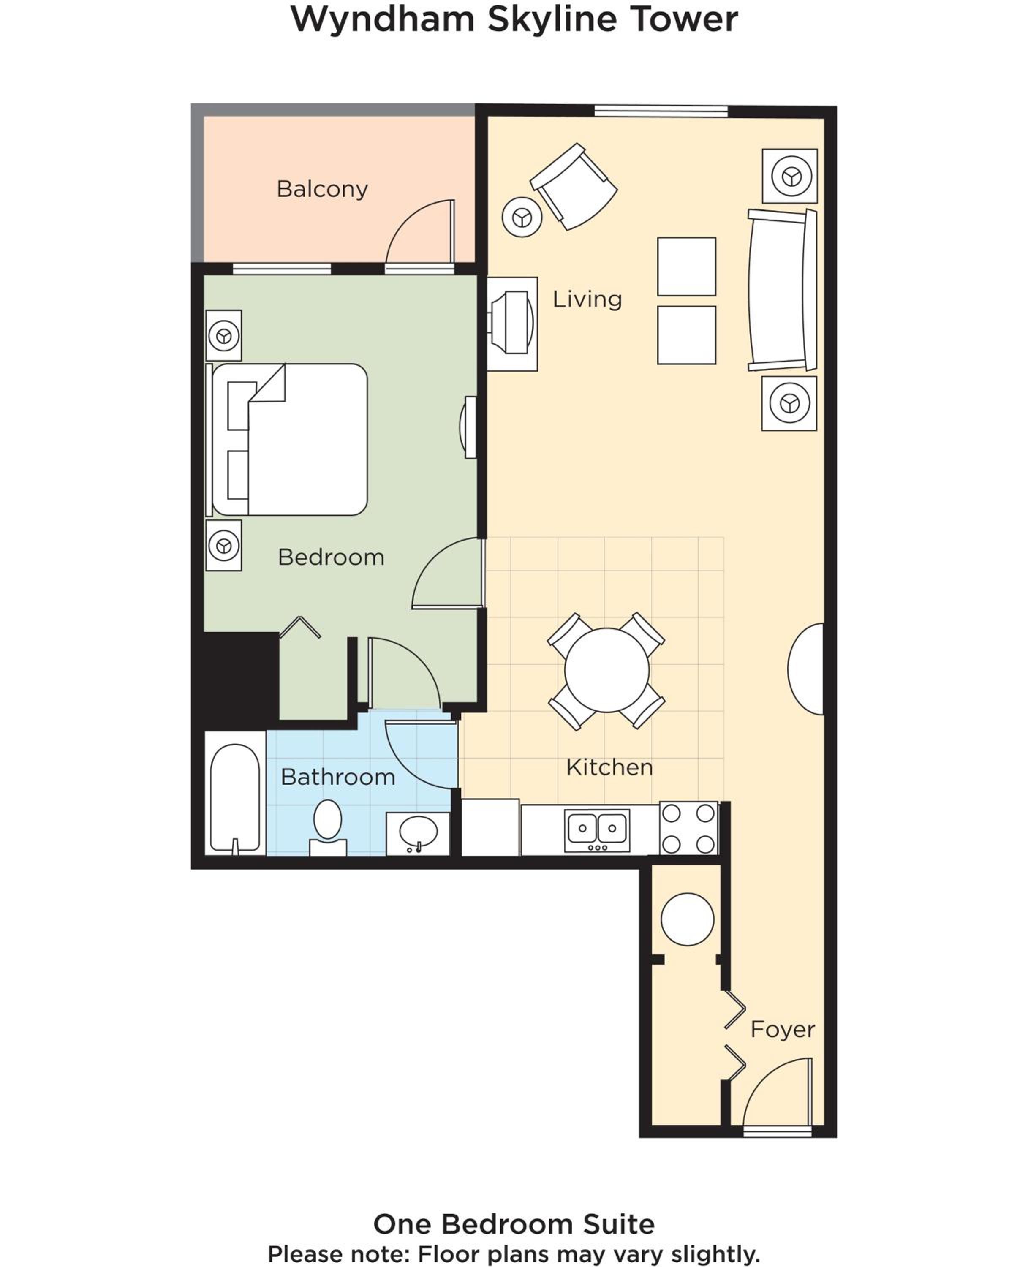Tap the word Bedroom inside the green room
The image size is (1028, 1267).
[331, 557]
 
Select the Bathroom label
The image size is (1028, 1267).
[337, 777]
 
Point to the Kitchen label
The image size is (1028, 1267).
[609, 767]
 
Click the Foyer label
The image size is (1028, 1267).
[782, 1030]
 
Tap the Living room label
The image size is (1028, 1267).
[587, 299]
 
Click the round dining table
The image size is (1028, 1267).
[606, 670]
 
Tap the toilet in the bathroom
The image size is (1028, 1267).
[327, 827]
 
